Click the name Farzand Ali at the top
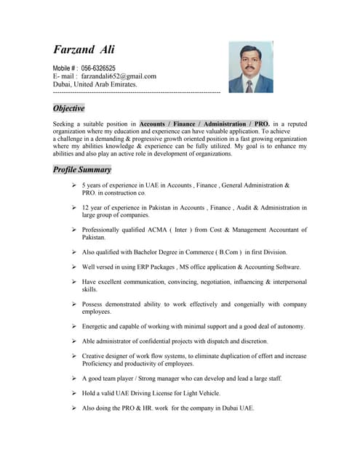coord(84,50)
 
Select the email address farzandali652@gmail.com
coord(119,76)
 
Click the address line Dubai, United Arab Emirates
coord(95,84)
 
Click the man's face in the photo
coord(250,62)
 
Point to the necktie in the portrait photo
coord(249,86)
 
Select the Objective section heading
coord(69,108)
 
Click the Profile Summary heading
coord(82,169)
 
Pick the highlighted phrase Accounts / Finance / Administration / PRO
coord(204,124)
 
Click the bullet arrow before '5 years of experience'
coord(74,185)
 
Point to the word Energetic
coord(97,326)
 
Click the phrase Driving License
coord(161,393)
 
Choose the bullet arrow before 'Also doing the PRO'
coord(74,408)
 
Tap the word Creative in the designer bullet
coord(95,356)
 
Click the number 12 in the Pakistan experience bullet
coord(86,208)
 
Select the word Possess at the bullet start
coord(94,304)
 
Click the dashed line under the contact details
coord(137,93)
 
